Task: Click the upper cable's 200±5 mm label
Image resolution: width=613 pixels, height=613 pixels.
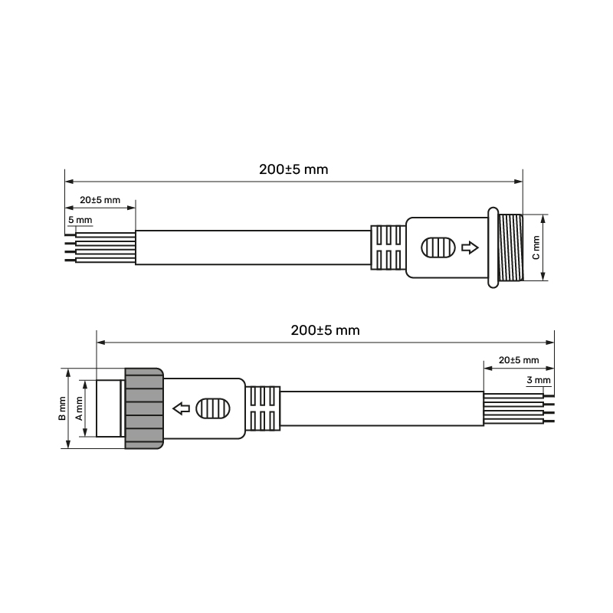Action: coord(293,169)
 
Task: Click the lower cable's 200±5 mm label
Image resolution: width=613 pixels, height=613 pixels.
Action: coord(325,330)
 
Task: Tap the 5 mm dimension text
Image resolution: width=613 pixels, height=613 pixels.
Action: coord(80,220)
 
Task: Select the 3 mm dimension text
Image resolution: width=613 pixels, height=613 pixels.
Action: coord(539,380)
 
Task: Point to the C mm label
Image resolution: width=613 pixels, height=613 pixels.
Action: coord(536,247)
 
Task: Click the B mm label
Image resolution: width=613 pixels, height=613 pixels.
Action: coord(62,408)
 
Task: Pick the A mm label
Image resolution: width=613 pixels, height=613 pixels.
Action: coord(80,408)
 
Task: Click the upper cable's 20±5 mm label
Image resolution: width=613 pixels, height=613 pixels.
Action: coord(100,200)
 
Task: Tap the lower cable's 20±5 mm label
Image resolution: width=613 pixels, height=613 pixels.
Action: coord(519,360)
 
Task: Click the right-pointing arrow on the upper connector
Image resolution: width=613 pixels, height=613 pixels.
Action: coord(470,247)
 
